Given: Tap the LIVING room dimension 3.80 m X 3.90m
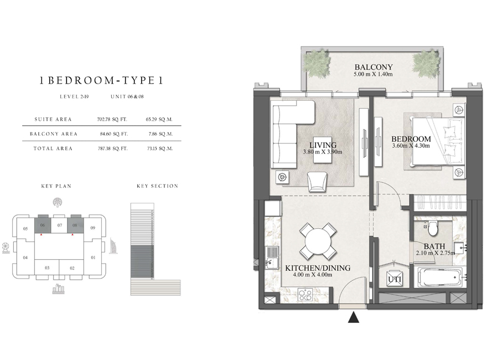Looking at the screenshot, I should pyautogui.click(x=323, y=152).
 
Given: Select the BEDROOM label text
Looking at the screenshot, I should pyautogui.click(x=411, y=138).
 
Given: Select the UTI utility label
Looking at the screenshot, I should pyautogui.click(x=394, y=279).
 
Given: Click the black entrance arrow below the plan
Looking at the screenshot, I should pyautogui.click(x=354, y=317).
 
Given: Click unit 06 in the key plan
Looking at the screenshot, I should pyautogui.click(x=40, y=226).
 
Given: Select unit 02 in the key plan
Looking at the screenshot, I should pyautogui.click(x=72, y=268).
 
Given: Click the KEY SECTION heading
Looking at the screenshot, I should pyautogui.click(x=157, y=186).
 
